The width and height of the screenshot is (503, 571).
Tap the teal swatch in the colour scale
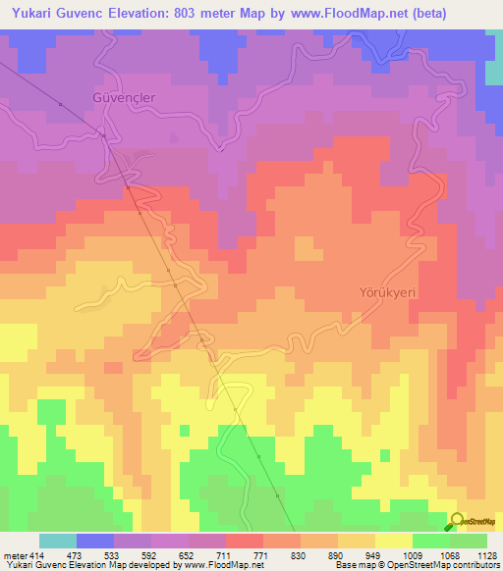pos(58,541)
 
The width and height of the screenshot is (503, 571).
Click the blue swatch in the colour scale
pos(95,541)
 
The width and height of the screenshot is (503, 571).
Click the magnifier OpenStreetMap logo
pos(456,521)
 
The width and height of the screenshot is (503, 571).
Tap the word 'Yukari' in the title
pos(30,13)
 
